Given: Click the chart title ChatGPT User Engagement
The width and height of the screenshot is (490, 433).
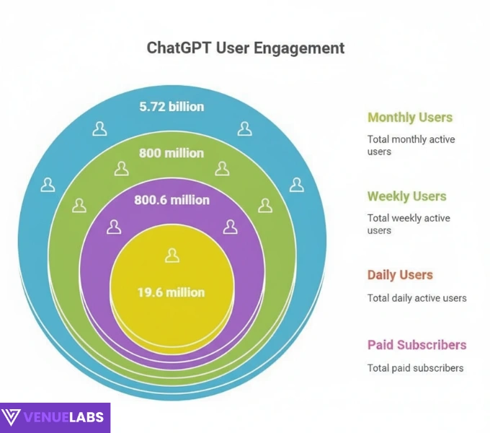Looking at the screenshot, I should click(x=246, y=48).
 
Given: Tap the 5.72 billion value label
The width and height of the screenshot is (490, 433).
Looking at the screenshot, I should click(x=171, y=107).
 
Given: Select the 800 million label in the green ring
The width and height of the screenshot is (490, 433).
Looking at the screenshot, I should click(x=171, y=153).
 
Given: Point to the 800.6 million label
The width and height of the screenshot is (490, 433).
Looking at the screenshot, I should click(x=171, y=200).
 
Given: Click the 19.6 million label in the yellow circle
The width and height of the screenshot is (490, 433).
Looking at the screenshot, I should click(x=171, y=292).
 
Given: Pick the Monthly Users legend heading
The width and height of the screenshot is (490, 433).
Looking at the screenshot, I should click(x=410, y=118).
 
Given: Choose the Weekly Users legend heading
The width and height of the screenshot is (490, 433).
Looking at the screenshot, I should click(x=406, y=196).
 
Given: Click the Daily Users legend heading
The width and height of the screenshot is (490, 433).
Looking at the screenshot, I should click(x=400, y=275).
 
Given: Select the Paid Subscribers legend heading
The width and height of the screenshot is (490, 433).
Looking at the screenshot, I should click(x=416, y=345).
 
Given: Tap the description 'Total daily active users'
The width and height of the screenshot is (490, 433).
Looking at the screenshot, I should click(x=416, y=298).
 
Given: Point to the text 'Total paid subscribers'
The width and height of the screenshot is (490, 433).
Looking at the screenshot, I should click(x=415, y=368).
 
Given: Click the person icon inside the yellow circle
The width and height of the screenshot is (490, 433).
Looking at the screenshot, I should click(x=171, y=255).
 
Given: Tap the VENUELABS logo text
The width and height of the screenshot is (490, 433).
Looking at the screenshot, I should click(x=64, y=417).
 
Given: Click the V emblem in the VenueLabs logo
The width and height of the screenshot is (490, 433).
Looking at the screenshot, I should click(x=11, y=417).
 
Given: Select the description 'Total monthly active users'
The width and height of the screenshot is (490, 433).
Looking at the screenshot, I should click(x=411, y=145).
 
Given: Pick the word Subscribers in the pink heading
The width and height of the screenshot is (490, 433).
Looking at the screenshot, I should click(x=435, y=345).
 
